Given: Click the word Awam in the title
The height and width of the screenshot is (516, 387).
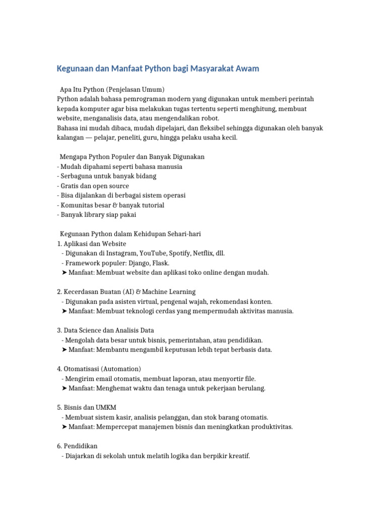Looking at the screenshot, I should [x=247, y=69].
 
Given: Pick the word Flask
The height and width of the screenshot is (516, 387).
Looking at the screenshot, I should [x=161, y=263].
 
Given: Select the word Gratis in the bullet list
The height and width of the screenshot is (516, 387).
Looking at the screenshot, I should [x=71, y=186].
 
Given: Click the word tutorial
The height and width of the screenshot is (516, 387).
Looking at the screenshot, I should [x=150, y=205].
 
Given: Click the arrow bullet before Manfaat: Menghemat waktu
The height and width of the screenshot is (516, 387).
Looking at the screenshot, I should [x=64, y=388].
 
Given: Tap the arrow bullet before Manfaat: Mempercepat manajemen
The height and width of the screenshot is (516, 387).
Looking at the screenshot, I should [x=64, y=427].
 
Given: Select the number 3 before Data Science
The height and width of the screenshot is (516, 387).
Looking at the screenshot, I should [x=59, y=331].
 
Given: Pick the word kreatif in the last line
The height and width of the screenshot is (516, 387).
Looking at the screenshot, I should [x=238, y=456].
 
